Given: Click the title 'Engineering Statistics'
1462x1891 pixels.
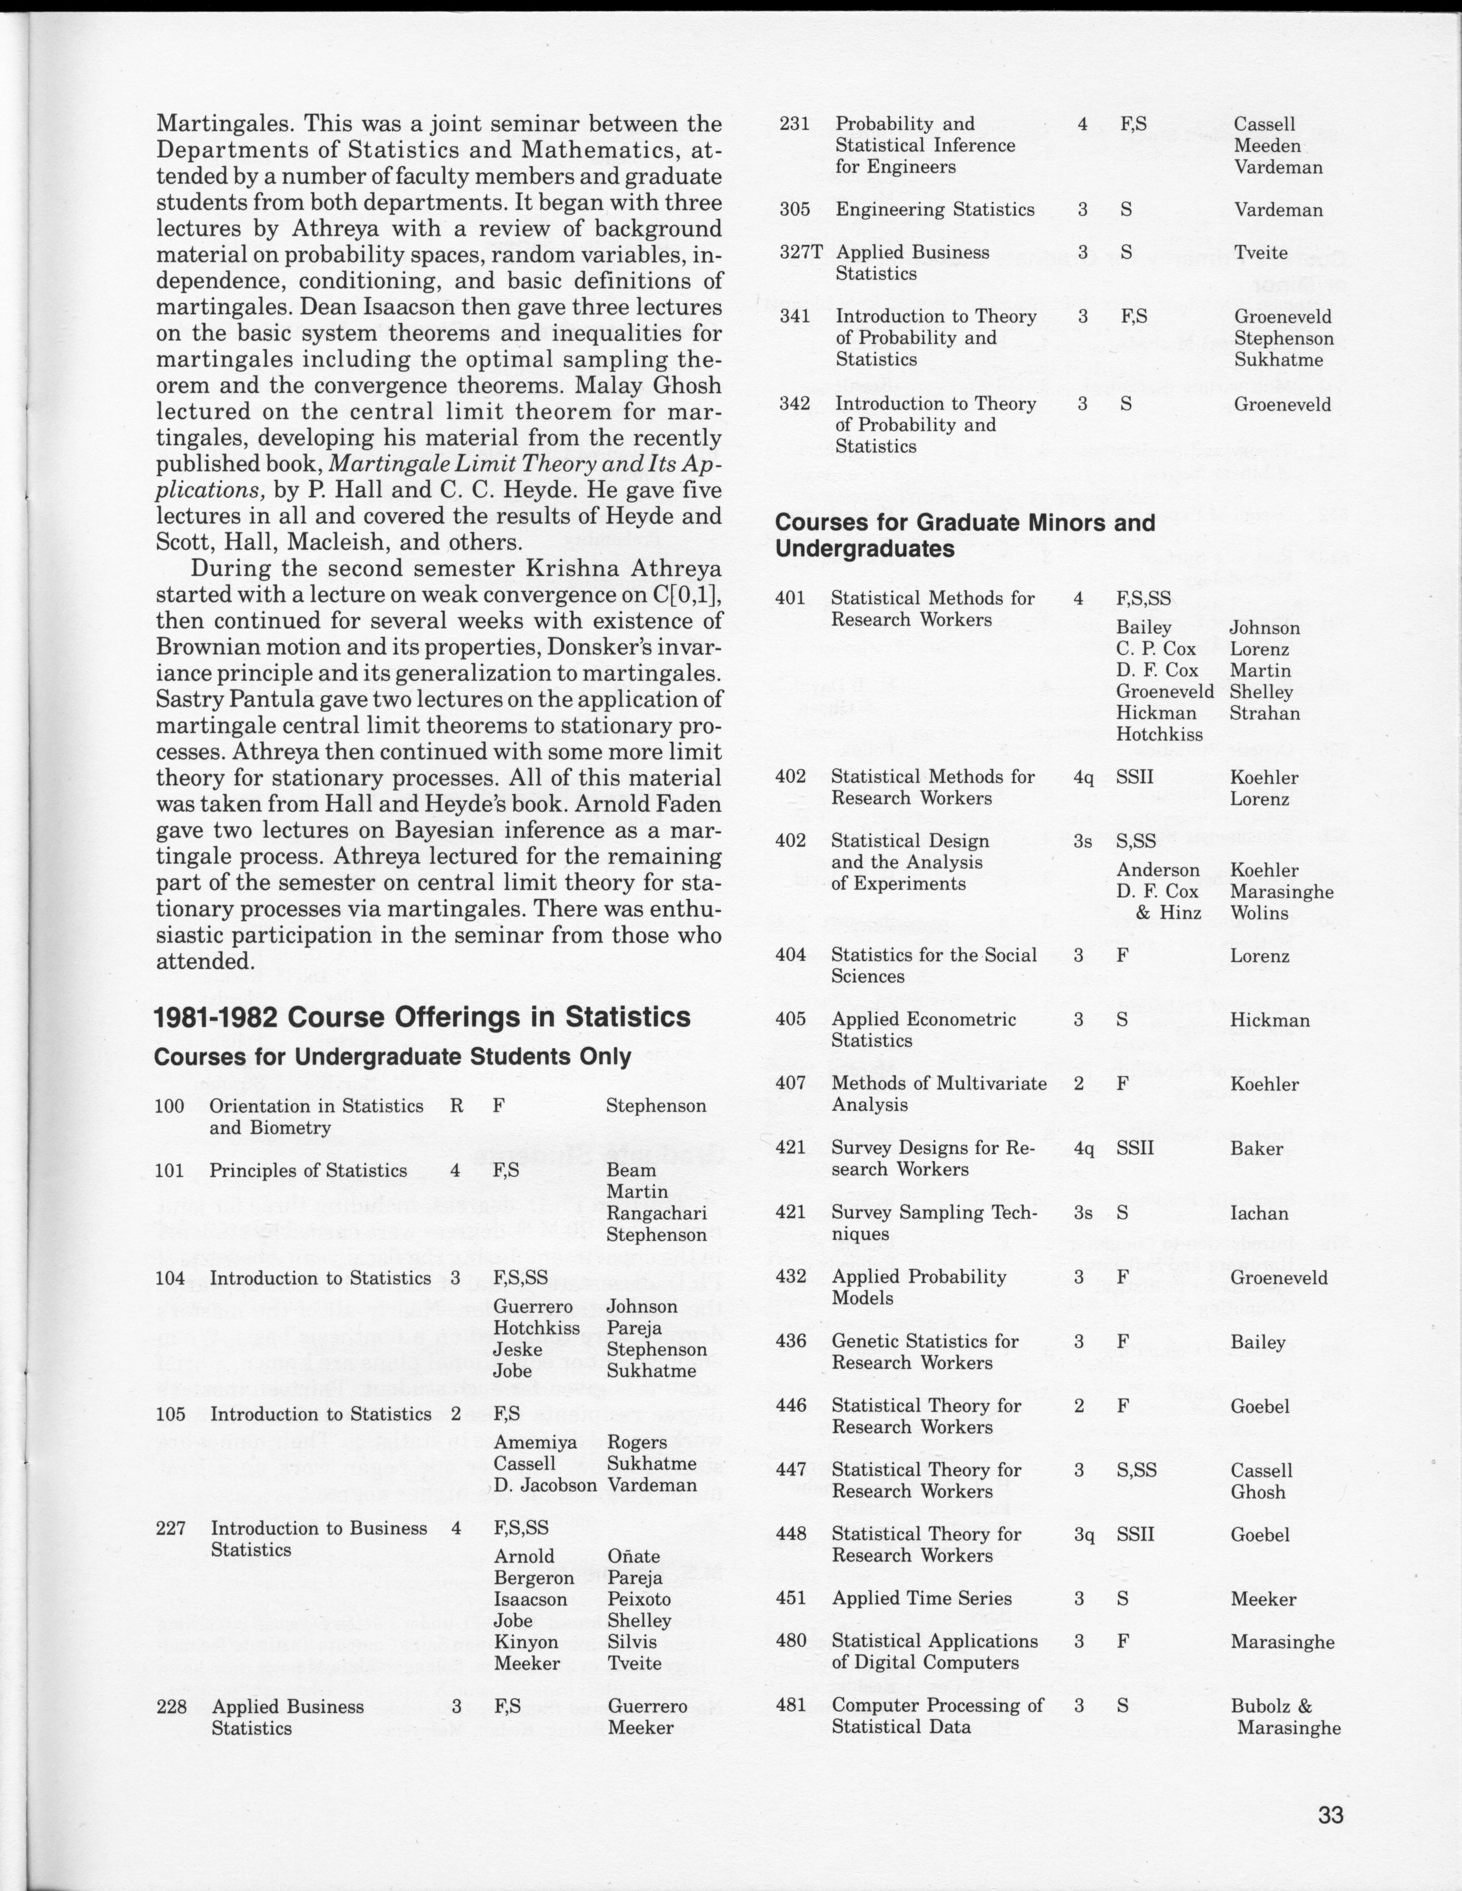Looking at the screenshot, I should click(935, 209).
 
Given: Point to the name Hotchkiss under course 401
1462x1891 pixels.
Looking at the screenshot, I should click(1159, 734).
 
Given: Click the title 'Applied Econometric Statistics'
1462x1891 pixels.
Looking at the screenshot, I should click(923, 1029).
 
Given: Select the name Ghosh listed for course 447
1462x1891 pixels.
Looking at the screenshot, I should click(1258, 1492).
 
